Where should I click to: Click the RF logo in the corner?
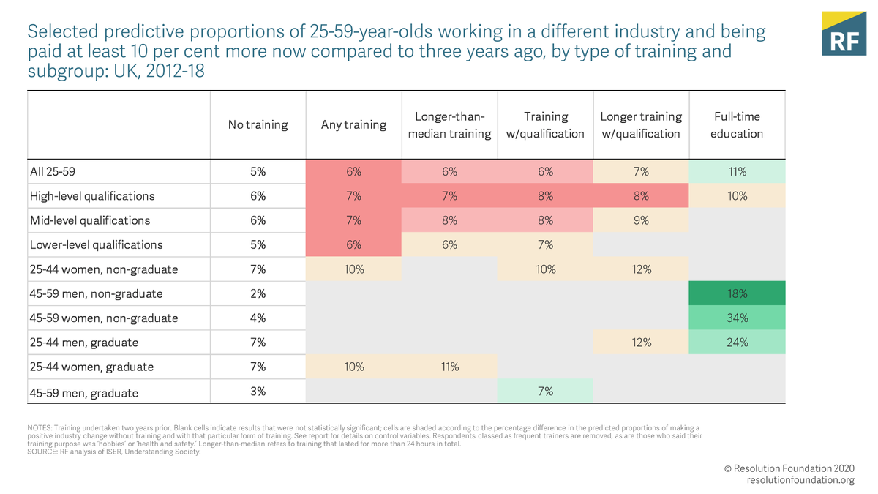click(844, 34)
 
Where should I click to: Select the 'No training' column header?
click(258, 125)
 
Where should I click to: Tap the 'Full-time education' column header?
click(737, 125)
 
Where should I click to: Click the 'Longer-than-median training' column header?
click(449, 125)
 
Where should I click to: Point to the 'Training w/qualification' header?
click(545, 125)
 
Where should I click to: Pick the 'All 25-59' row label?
click(53, 172)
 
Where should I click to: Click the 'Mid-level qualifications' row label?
click(90, 220)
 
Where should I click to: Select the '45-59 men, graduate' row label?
click(83, 392)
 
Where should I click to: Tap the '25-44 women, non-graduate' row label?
click(104, 269)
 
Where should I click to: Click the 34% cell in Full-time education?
click(737, 318)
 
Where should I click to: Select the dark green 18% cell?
click(737, 293)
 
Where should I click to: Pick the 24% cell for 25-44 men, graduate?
click(737, 342)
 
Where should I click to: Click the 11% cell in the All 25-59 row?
click(737, 172)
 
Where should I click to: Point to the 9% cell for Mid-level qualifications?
click(641, 220)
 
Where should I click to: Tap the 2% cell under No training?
click(258, 293)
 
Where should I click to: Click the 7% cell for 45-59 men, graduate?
click(545, 392)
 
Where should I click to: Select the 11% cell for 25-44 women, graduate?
click(449, 367)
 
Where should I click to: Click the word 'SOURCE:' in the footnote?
click(43, 452)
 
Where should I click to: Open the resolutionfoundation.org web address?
click(800, 480)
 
